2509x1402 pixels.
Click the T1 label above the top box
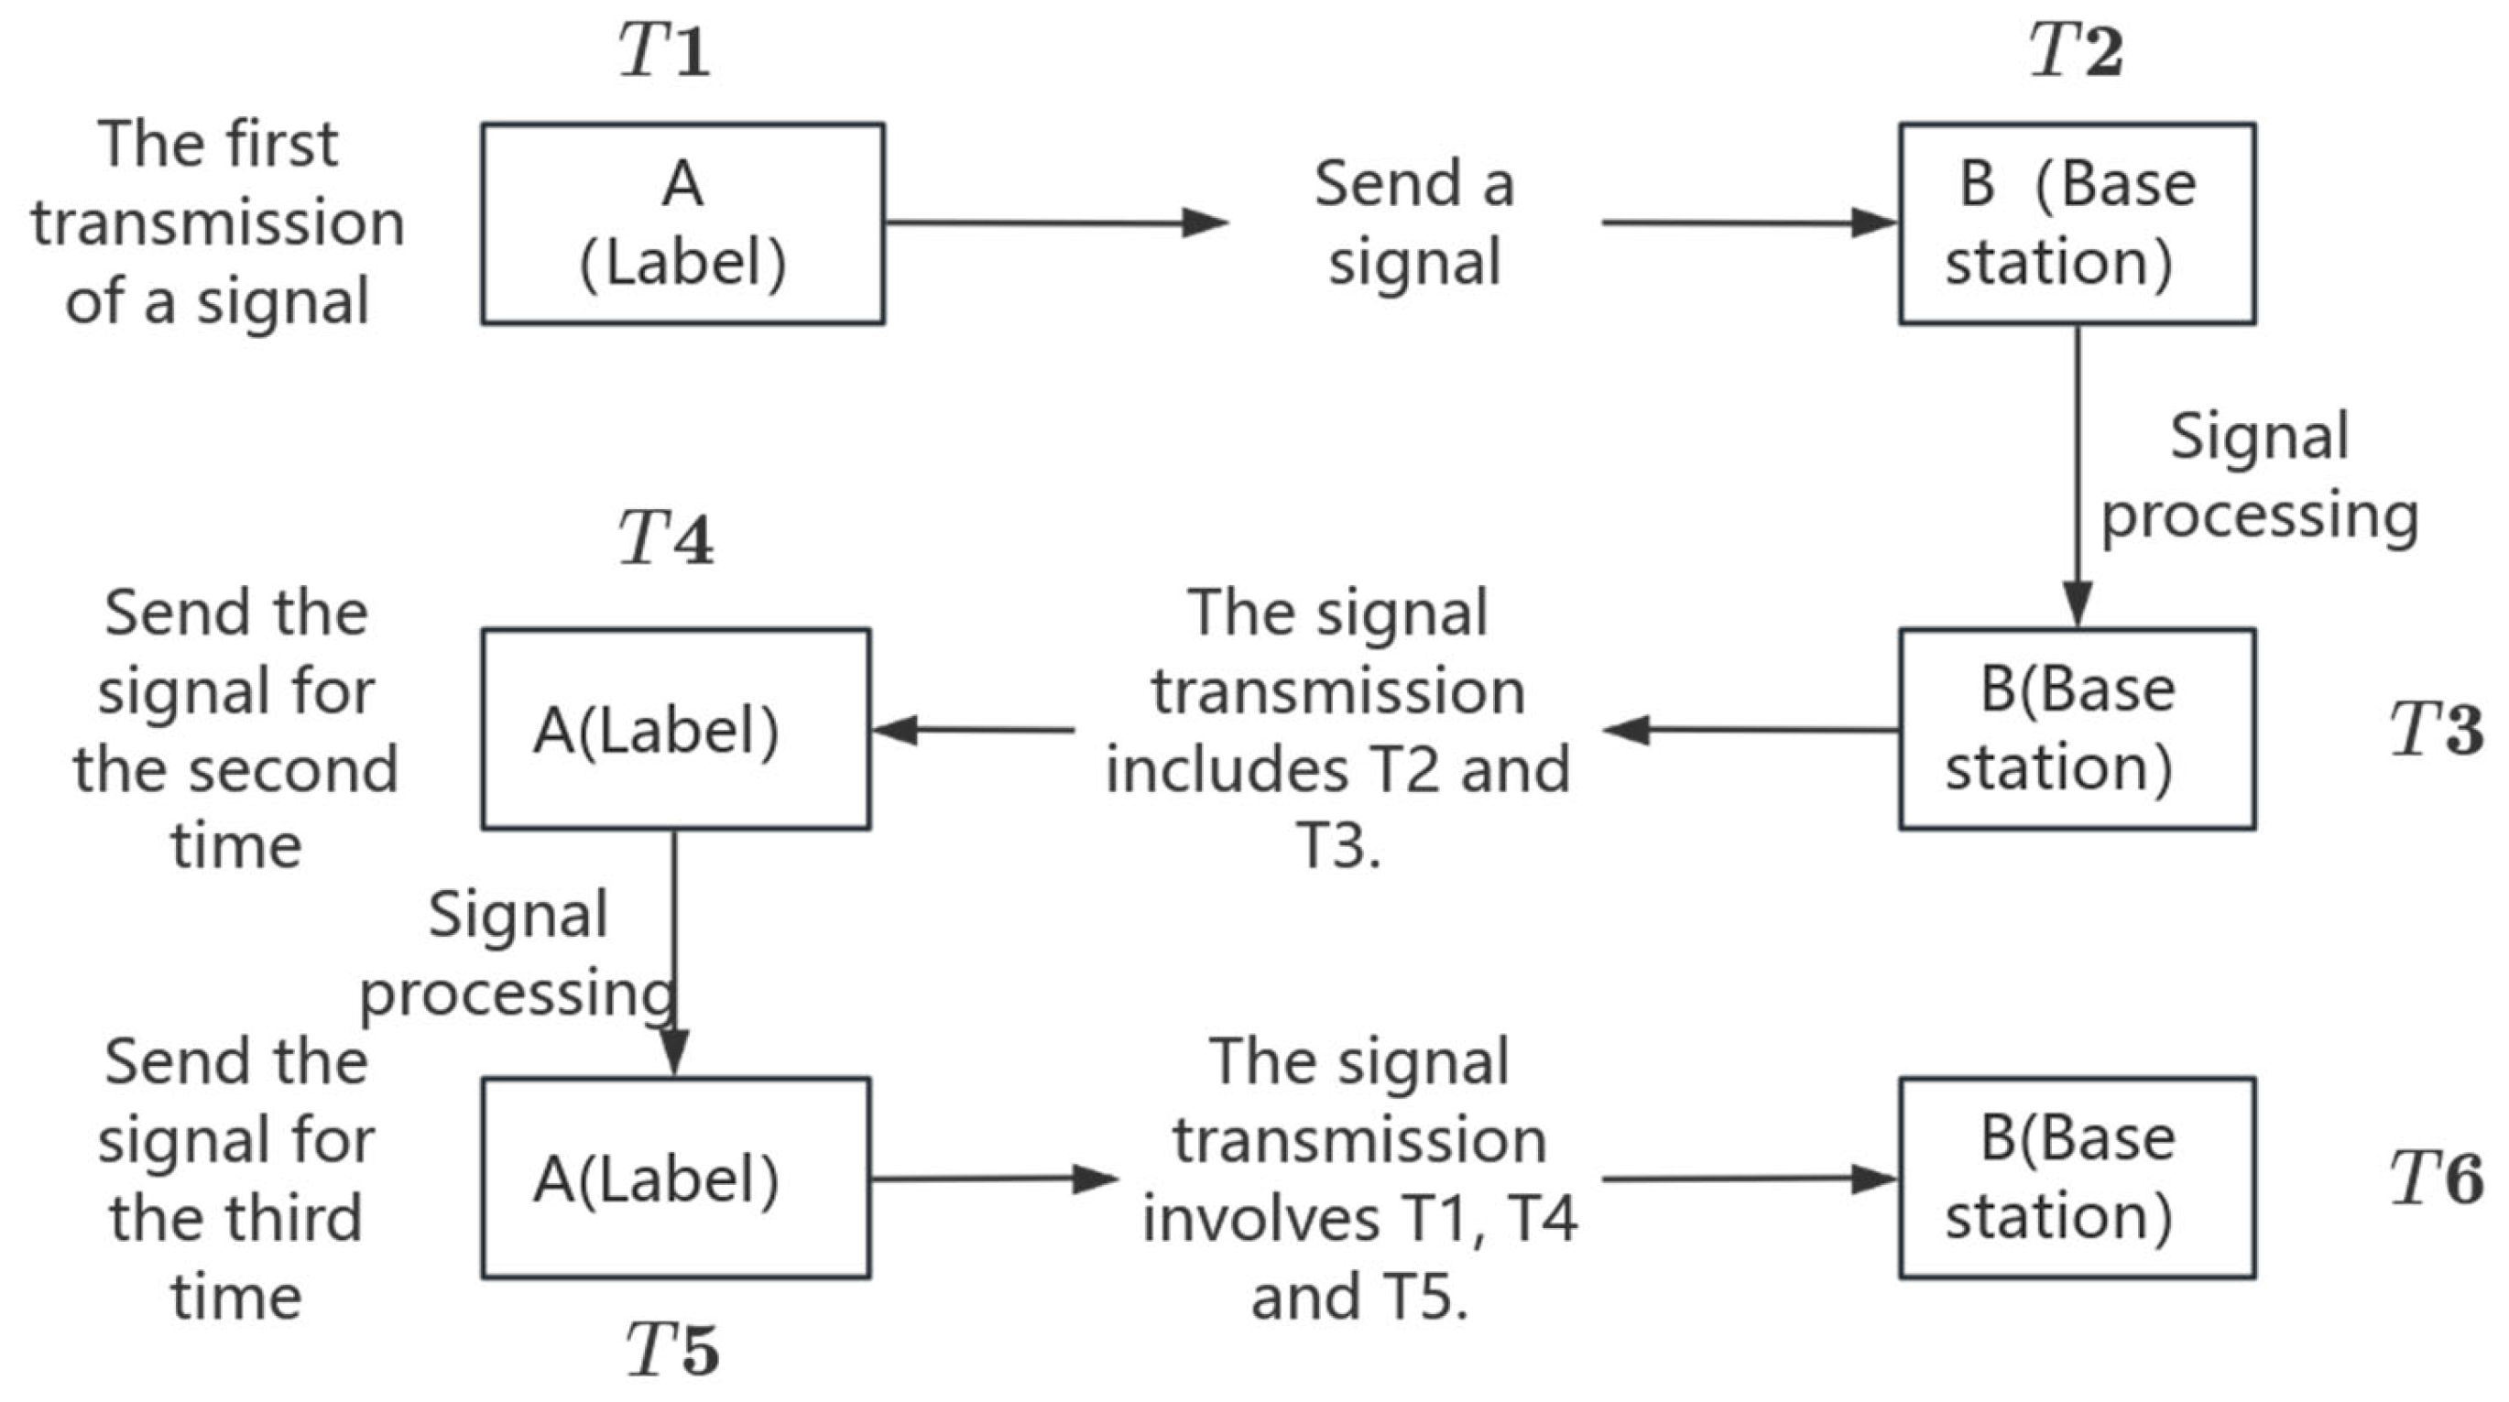click(664, 50)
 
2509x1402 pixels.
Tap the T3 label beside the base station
click(2436, 729)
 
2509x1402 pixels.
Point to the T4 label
click(666, 538)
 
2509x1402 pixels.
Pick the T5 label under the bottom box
click(672, 1350)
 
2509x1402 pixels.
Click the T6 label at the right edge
click(2436, 1178)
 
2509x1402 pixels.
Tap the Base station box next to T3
click(2077, 729)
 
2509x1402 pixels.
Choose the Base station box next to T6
click(2077, 1178)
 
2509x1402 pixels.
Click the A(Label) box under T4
click(675, 729)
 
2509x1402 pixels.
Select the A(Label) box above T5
click(675, 1178)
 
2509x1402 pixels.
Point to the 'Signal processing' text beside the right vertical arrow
click(2260, 476)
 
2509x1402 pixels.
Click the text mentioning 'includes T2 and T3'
click(1338, 729)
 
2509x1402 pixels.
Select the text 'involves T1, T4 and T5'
click(1359, 1178)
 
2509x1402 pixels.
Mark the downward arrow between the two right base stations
click(2077, 477)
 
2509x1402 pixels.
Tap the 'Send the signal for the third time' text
click(235, 1178)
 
